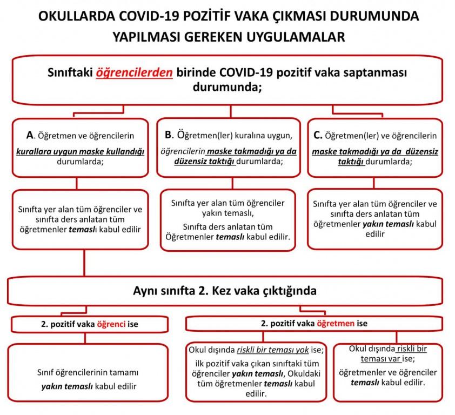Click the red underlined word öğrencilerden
[135, 73]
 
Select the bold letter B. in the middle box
[170, 135]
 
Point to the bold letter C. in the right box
[318, 136]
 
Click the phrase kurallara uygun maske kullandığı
[81, 152]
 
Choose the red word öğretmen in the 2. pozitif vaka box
[335, 323]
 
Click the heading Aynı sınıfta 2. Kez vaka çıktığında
[225, 290]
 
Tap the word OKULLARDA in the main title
[72, 16]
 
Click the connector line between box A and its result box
[76, 183]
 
